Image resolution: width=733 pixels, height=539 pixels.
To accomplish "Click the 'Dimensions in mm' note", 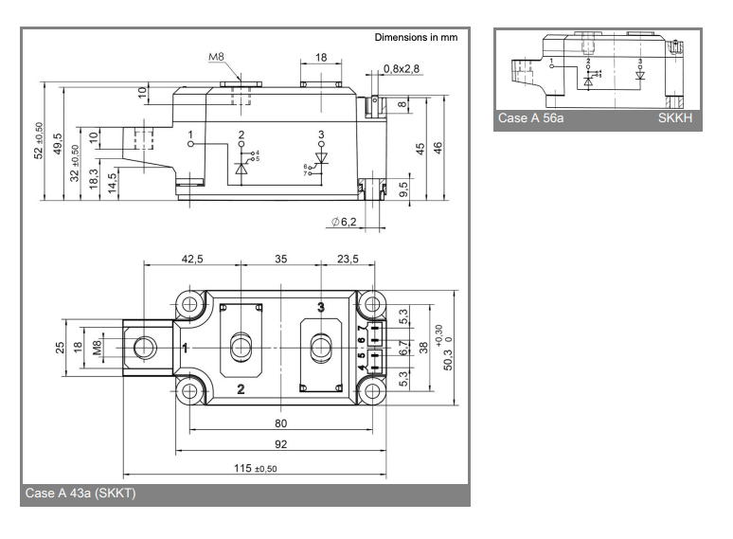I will tap(416, 38).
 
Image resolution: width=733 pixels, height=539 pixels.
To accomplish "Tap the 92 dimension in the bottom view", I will tap(280, 444).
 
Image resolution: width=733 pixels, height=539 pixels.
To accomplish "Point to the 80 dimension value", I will tap(280, 423).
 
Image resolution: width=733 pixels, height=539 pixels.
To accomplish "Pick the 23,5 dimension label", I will tap(349, 258).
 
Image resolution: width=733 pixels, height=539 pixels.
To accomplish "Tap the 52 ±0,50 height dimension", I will tap(38, 141).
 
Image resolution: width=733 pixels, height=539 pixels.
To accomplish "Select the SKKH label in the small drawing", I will tap(677, 119).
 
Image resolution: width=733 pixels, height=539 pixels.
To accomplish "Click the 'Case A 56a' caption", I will tap(532, 119).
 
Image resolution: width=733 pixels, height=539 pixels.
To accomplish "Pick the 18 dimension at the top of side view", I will tap(321, 58).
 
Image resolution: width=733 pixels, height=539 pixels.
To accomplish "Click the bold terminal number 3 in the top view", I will tap(320, 307).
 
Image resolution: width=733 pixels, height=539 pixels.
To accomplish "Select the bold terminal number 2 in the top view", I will tap(241, 389).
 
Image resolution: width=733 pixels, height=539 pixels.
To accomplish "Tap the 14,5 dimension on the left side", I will tap(113, 180).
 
